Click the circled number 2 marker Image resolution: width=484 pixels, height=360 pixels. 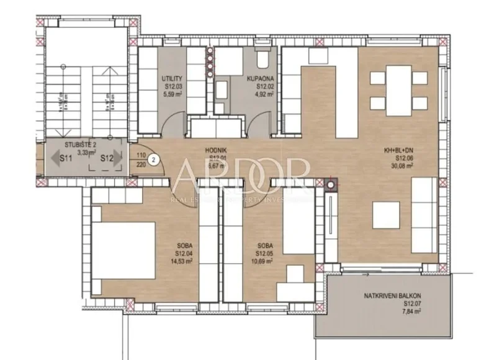click(x=156, y=159)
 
